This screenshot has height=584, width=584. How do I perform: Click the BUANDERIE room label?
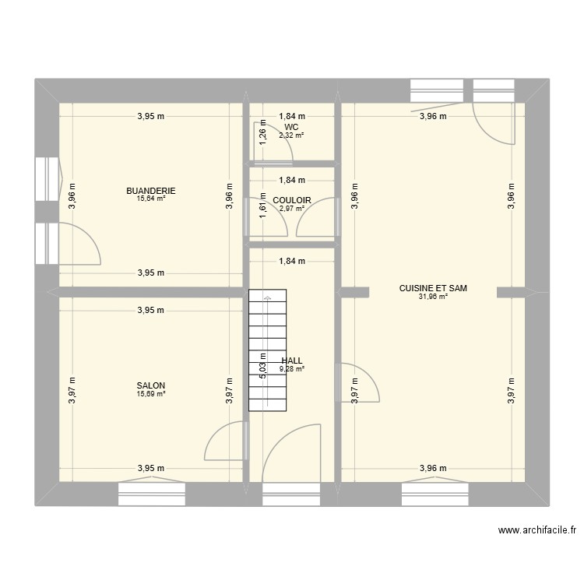tap(151, 190)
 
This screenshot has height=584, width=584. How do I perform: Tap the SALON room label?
tap(151, 385)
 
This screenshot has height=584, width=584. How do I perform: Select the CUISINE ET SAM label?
tap(433, 288)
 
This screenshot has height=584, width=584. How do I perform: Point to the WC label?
tap(292, 126)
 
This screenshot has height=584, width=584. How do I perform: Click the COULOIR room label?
tap(292, 200)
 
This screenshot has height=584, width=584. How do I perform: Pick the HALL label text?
tap(292, 361)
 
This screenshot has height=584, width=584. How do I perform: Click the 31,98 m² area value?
tap(433, 297)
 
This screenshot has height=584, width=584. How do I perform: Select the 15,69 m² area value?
tap(151, 394)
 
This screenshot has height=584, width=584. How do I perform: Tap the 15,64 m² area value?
tap(151, 199)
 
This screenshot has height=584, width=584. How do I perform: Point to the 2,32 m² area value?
tap(292, 135)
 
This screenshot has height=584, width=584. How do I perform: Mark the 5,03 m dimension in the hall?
tap(263, 364)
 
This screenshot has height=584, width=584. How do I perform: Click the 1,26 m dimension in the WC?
tap(263, 132)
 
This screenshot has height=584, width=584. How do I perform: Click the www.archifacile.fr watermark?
tap(537, 531)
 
